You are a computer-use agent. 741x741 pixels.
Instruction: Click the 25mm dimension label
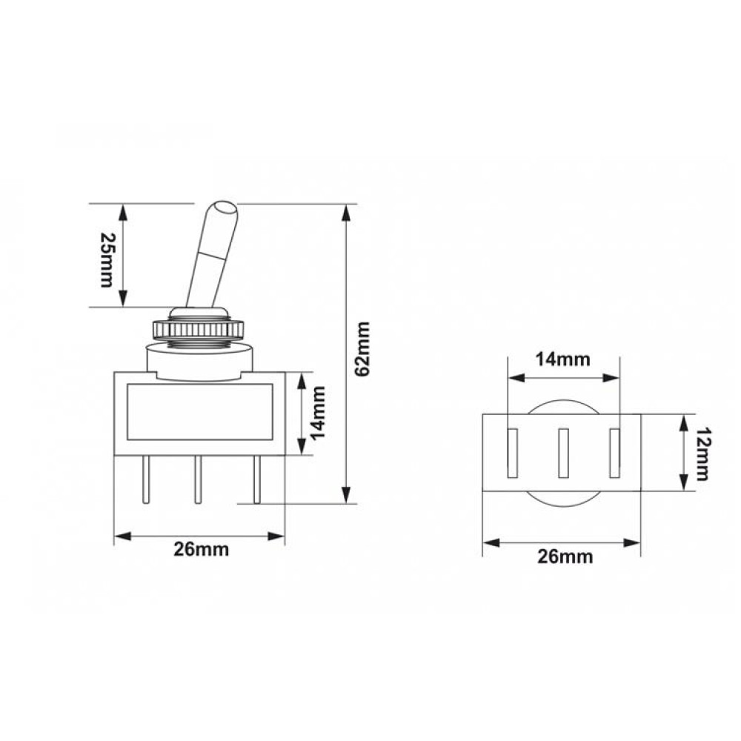[107, 259]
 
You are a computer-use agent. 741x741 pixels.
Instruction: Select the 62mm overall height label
[363, 349]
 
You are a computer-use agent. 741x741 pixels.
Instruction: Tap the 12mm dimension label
[702, 453]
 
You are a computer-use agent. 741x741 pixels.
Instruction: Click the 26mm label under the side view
[201, 550]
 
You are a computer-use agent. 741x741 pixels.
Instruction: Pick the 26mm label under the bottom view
[565, 556]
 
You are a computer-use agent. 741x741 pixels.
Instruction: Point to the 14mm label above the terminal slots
[563, 359]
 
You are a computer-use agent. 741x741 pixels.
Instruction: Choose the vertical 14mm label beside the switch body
[318, 413]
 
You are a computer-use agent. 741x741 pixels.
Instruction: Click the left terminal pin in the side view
[145, 479]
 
